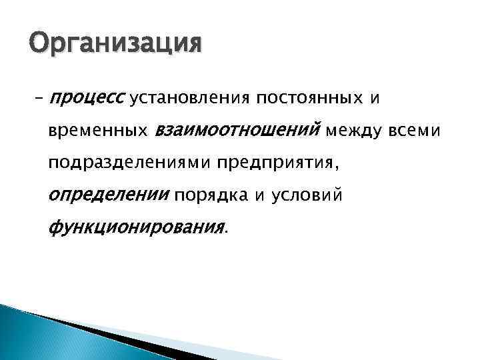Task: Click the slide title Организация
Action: point(115,45)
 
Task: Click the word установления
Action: point(189,99)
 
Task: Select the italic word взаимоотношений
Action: point(237,131)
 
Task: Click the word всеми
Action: point(417,131)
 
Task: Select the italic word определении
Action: point(109,195)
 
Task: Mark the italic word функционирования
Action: point(137,227)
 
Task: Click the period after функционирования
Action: point(226,232)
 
